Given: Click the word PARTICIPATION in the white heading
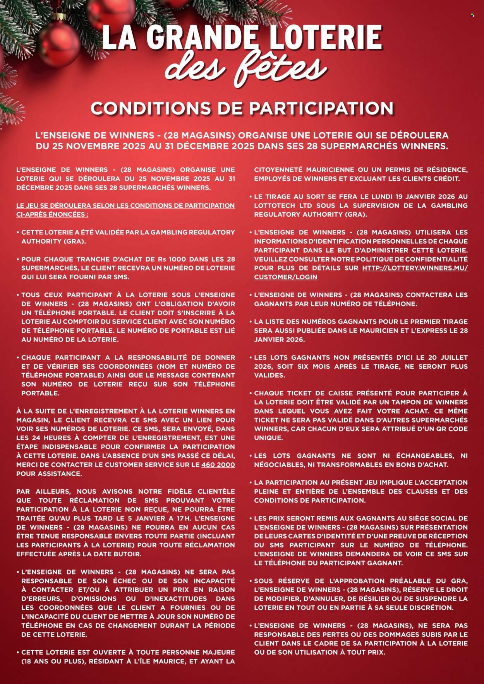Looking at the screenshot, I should (x=321, y=108).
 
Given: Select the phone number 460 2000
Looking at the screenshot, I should (x=218, y=465).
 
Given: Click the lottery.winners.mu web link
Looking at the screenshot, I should (x=415, y=268).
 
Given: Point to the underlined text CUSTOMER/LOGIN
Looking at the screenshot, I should (x=285, y=277).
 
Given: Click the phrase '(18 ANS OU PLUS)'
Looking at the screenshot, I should (x=53, y=661).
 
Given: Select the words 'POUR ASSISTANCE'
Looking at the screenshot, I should (x=49, y=474).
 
